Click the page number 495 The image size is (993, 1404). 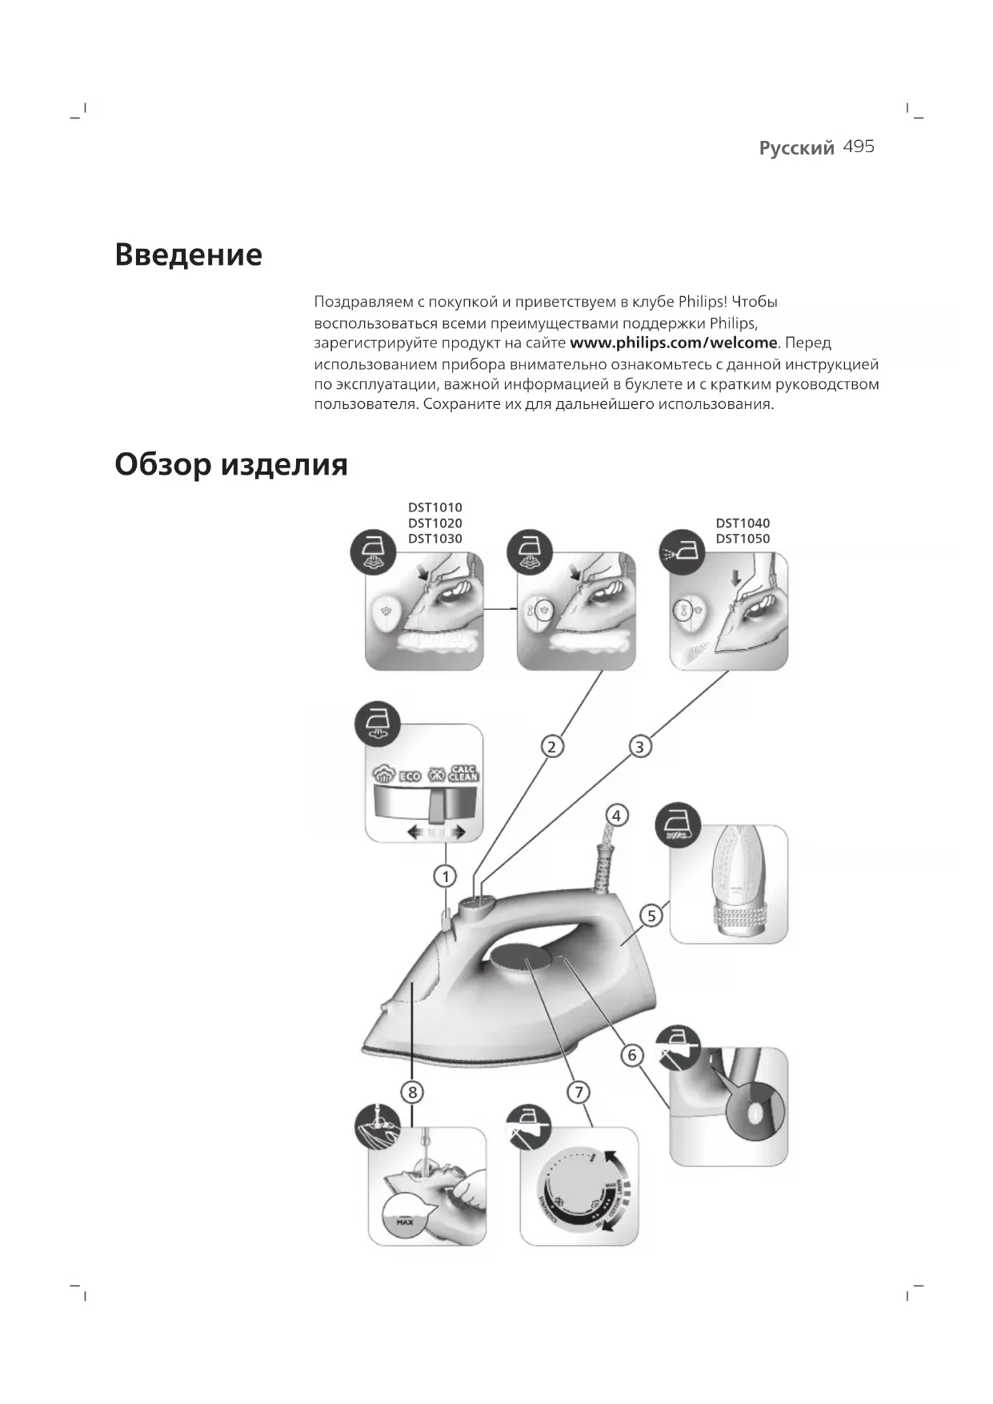pos(859,146)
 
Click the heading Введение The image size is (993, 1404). pos(188,255)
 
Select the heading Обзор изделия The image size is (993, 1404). pos(230,464)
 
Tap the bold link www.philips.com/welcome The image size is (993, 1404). pos(673,343)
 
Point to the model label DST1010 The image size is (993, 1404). pos(434,507)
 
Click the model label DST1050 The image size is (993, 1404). pos(743,539)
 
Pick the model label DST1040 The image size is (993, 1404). pos(743,523)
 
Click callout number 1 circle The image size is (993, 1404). pos(445,876)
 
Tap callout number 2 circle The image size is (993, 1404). pos(551,747)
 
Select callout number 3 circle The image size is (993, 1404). pos(639,747)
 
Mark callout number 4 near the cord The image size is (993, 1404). pos(616,816)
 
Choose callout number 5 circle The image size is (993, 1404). pos(651,916)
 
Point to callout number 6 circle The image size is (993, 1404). pos(632,1055)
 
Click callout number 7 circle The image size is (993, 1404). pos(579,1092)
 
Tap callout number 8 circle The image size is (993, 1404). pos(412,1092)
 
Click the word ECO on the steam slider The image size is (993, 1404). pos(410,776)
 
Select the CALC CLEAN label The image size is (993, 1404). pos(463,773)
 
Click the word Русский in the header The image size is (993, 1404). pos(796,148)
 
